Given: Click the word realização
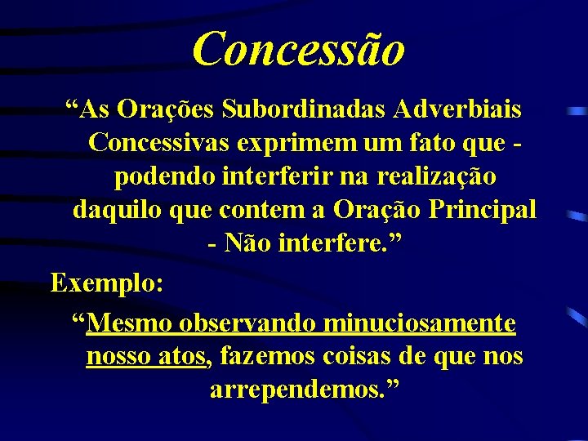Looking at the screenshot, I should (437, 176).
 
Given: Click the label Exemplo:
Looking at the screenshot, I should (107, 283).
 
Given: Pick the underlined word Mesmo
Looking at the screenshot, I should (130, 324).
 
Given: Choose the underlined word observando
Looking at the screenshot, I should (248, 324).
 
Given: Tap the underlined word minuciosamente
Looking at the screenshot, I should (420, 324).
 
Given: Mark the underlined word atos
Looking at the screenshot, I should (180, 357).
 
